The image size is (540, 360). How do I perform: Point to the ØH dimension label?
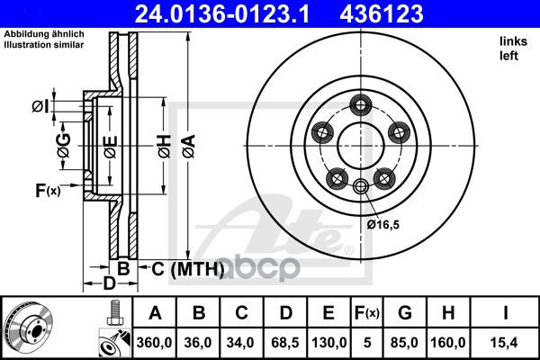coord(163,146)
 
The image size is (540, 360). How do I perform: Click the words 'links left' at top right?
coord(509,48)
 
